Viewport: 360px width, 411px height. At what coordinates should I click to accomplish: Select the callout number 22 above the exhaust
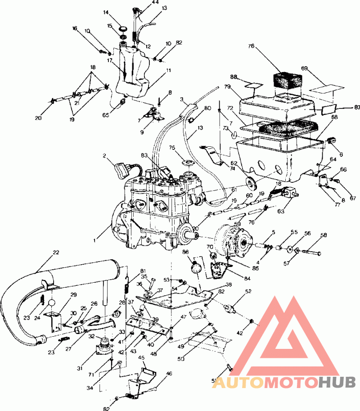(55, 253)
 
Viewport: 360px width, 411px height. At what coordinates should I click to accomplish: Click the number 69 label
(305, 68)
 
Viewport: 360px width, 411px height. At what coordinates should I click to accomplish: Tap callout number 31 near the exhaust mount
(80, 368)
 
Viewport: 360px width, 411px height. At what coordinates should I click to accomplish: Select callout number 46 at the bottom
(169, 373)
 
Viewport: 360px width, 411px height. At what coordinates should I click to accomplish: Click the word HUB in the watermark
(335, 383)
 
